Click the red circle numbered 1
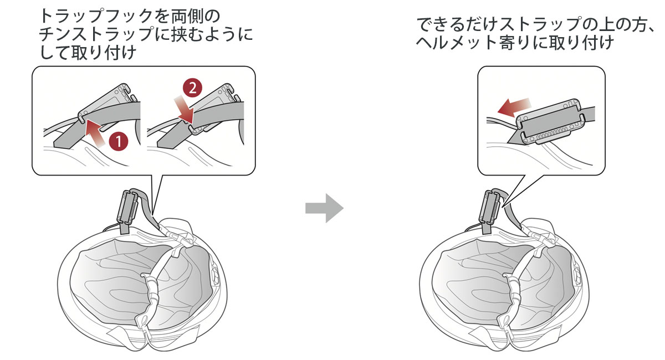pos(118,142)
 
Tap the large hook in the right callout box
pos(549,121)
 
